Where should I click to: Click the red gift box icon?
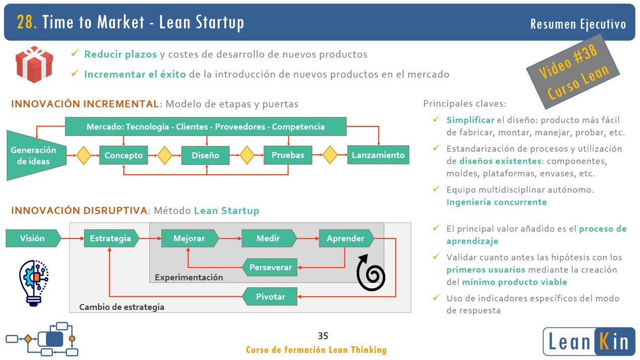[34, 64]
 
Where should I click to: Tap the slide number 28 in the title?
[26, 22]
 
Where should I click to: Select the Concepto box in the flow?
[123, 155]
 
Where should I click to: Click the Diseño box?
[205, 155]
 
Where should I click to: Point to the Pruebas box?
[288, 155]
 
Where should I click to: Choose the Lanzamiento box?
[378, 155]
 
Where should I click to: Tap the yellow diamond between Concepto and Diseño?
[165, 155]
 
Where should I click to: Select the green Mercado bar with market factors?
[206, 126]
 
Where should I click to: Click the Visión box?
[32, 238]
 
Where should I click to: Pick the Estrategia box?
[110, 238]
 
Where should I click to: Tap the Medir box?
[268, 238]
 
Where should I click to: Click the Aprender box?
[346, 238]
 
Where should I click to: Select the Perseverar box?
[270, 267]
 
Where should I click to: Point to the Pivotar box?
[270, 296]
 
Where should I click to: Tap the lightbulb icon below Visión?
[33, 282]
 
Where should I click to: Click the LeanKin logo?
[588, 341]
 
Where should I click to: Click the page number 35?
[323, 336]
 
